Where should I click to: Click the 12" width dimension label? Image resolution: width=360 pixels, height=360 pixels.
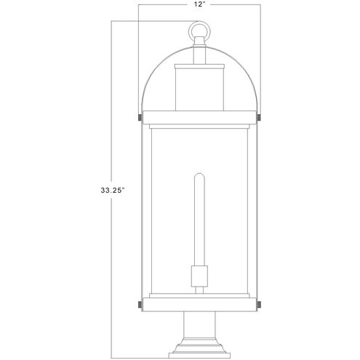click(199, 4)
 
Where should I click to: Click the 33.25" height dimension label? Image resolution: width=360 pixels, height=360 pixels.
click(113, 191)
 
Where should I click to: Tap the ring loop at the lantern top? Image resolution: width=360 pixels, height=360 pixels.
click(199, 31)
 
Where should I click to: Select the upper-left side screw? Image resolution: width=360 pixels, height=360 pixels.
click(140, 118)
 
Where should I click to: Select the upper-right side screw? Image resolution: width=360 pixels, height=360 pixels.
click(259, 118)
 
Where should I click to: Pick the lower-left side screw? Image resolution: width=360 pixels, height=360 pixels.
click(140, 305)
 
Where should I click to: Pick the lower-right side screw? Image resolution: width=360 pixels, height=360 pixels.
click(259, 305)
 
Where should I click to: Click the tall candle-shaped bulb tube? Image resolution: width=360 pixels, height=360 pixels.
click(199, 220)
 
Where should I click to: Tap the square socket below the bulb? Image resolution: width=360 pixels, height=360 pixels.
click(199, 276)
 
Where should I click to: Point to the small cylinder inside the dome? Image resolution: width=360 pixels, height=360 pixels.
click(199, 89)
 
